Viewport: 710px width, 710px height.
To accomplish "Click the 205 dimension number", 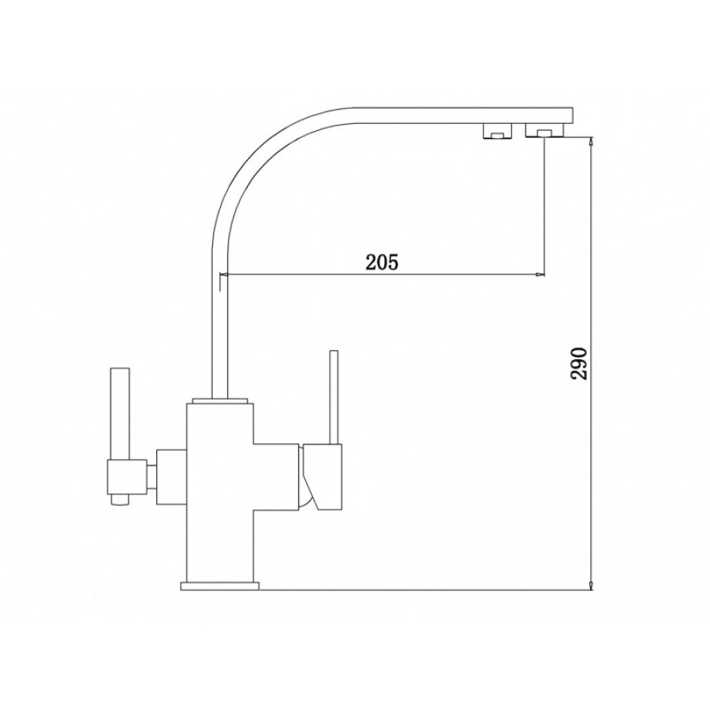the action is (382, 262).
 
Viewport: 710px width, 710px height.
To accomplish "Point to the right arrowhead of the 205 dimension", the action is (540, 275).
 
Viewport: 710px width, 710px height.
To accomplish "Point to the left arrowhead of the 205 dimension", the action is (224, 275).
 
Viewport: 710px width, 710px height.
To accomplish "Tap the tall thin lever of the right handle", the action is (334, 397).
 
